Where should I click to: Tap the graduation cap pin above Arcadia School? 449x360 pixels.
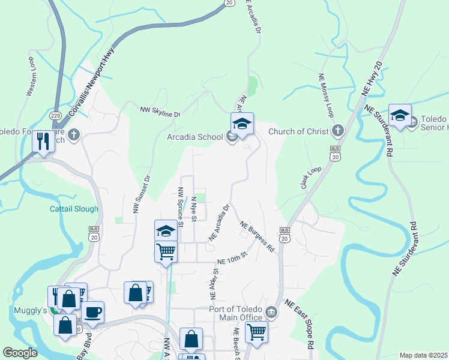pyautogui.click(x=242, y=124)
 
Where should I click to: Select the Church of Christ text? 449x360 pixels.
pyautogui.click(x=298, y=131)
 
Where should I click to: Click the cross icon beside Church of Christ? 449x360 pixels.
pyautogui.click(x=338, y=131)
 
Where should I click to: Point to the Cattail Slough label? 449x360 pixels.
pyautogui.click(x=74, y=209)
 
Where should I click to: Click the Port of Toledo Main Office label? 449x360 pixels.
pyautogui.click(x=235, y=313)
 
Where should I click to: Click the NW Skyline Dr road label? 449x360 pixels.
pyautogui.click(x=160, y=112)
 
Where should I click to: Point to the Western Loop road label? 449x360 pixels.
pyautogui.click(x=30, y=76)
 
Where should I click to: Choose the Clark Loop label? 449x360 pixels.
pyautogui.click(x=311, y=179)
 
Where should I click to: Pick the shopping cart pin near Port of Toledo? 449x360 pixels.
pyautogui.click(x=257, y=331)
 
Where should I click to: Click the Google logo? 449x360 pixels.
pyautogui.click(x=20, y=353)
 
